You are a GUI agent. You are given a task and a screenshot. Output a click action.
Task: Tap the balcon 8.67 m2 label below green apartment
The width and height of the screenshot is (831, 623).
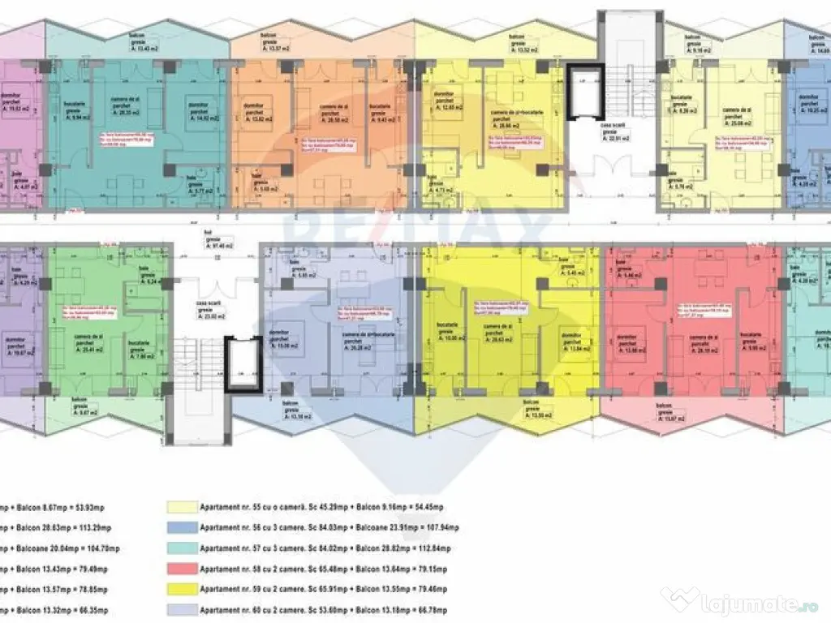click(80, 406)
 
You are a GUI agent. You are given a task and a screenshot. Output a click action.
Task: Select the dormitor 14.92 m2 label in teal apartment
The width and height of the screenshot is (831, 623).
click(198, 111)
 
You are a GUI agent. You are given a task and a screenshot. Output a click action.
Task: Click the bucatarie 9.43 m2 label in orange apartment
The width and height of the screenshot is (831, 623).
click(379, 112)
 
